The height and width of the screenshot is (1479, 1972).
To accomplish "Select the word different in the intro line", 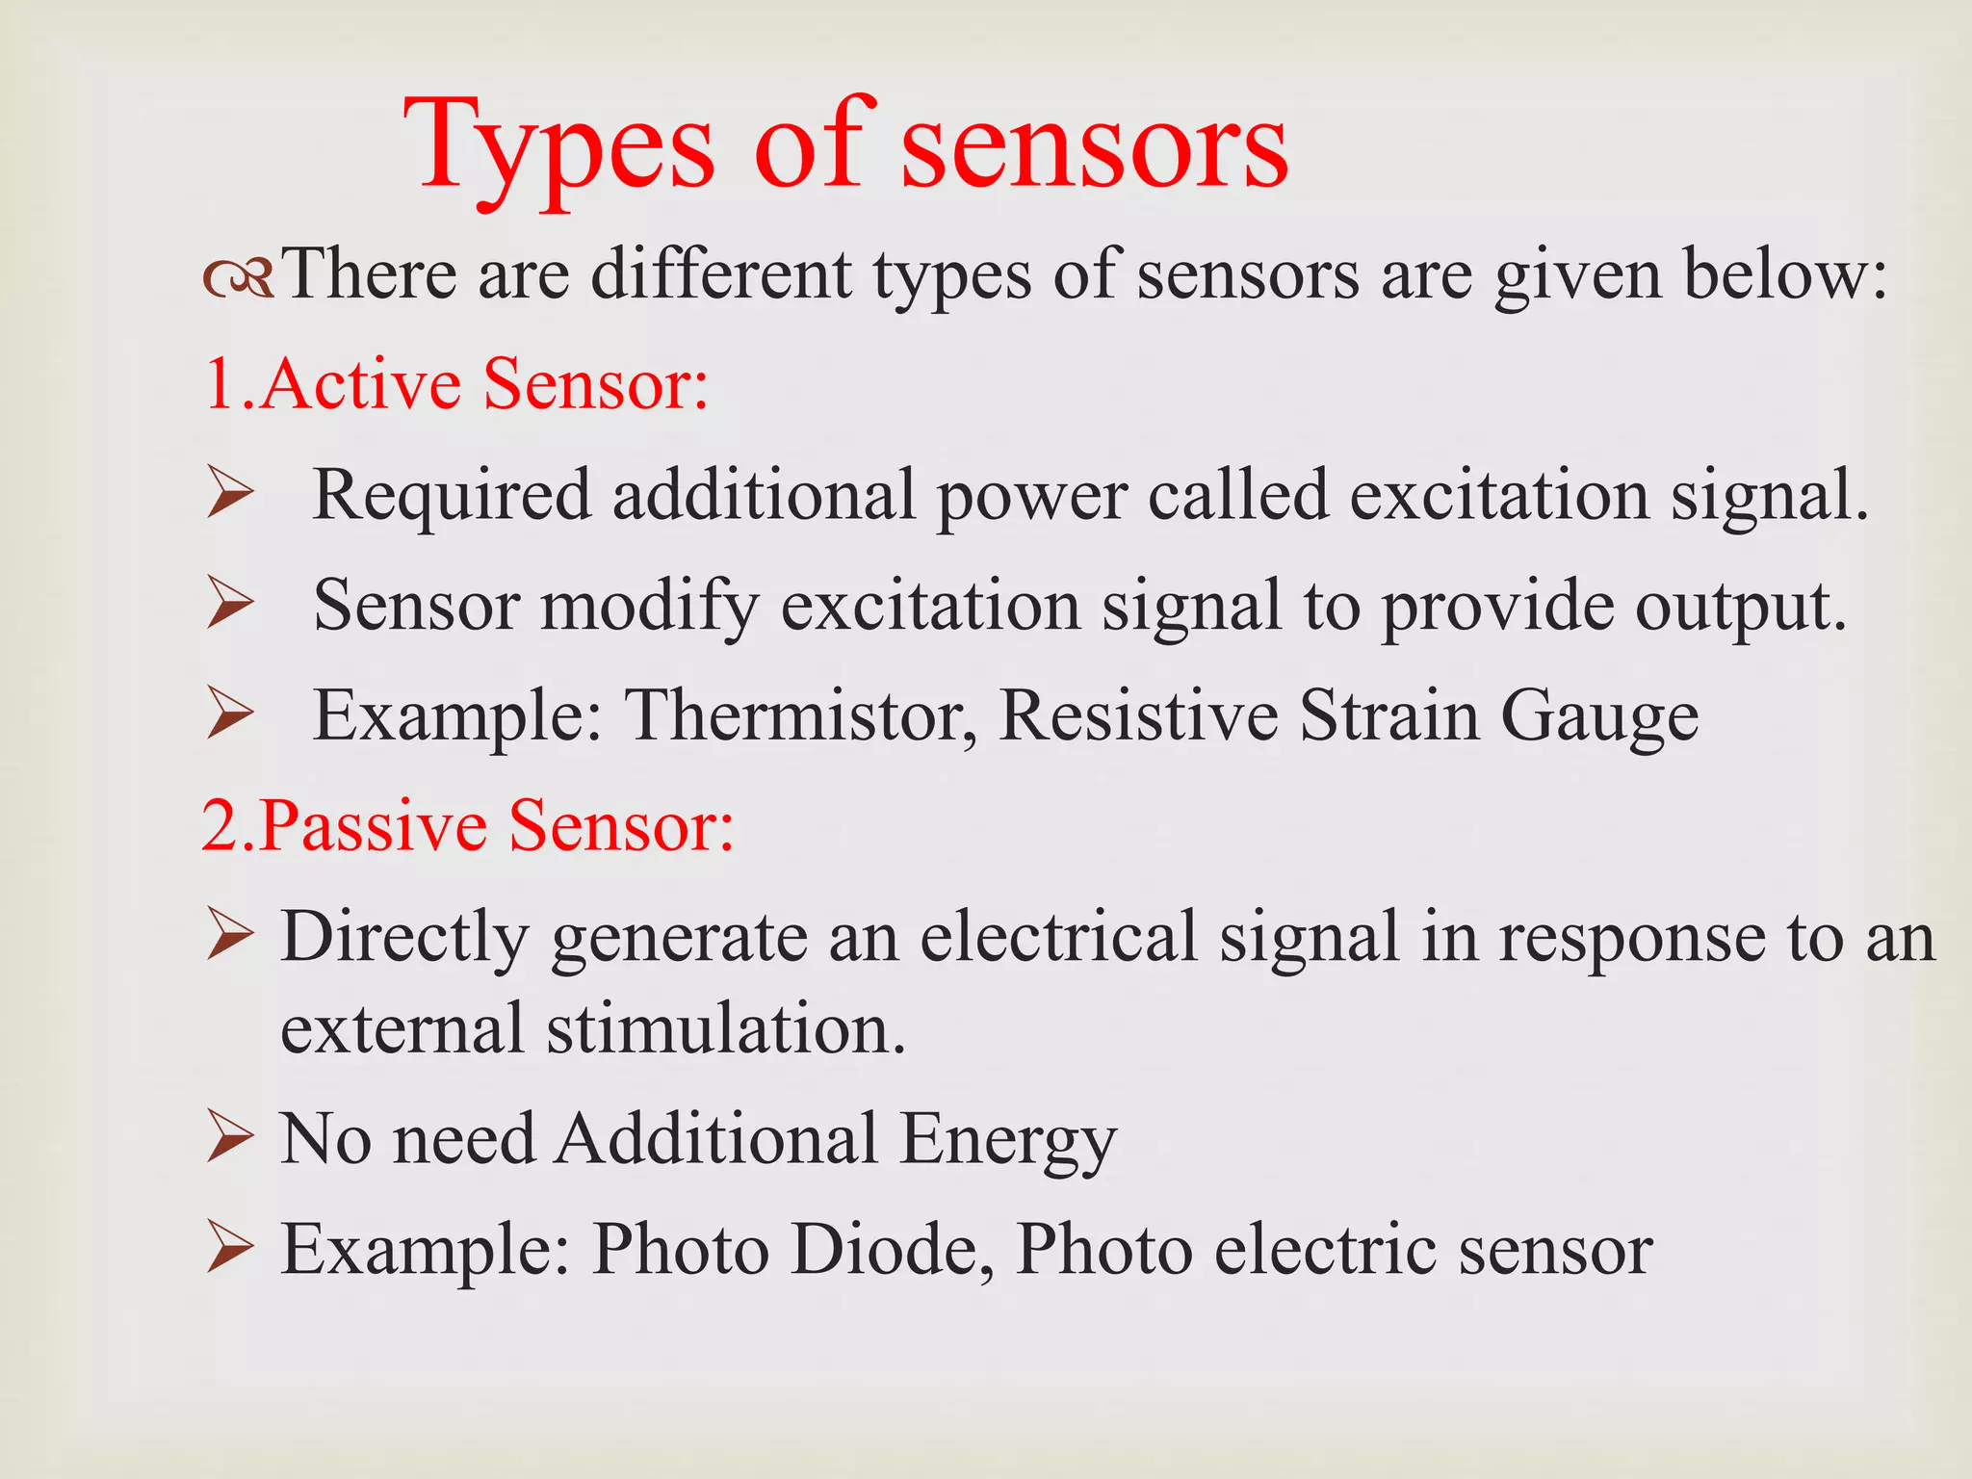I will (720, 275).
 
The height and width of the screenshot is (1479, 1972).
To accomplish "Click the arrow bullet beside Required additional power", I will (230, 495).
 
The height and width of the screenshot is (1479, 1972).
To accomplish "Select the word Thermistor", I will (799, 716).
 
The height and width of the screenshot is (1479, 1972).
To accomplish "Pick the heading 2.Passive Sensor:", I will (468, 826).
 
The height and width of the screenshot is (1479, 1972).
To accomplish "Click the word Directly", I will (404, 938).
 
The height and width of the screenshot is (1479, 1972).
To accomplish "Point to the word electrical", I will (1058, 936).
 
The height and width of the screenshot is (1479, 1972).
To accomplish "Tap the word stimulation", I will (727, 1028).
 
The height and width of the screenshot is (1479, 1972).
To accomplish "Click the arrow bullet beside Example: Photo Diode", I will (230, 1249).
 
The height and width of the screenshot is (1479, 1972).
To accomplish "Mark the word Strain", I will (1388, 716).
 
